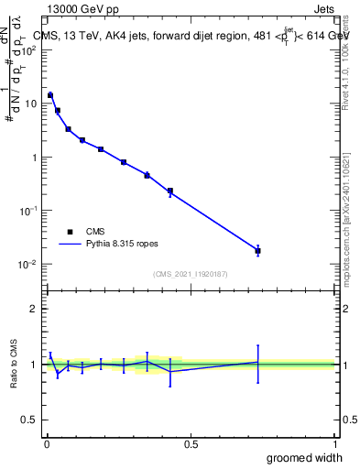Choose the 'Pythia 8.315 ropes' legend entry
(x=110, y=245)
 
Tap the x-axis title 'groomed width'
(x=305, y=457)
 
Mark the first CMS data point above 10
(x=50, y=94)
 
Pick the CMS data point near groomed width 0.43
(x=170, y=191)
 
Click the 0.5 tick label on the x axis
(x=191, y=443)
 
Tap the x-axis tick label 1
(x=334, y=443)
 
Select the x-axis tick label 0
(x=46, y=443)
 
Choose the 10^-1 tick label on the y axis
(x=31, y=211)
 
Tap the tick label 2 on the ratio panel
(x=35, y=309)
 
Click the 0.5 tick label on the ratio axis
(x=31, y=420)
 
